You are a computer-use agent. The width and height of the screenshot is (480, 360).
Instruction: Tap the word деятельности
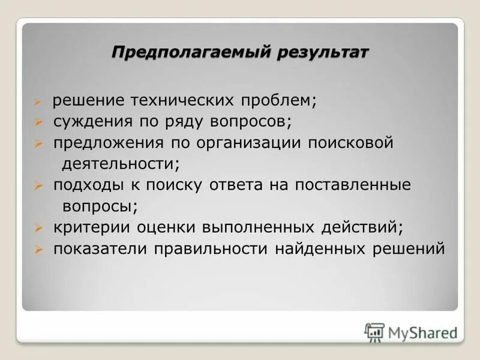tap(120, 163)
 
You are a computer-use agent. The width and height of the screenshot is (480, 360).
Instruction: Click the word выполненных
tap(253, 227)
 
